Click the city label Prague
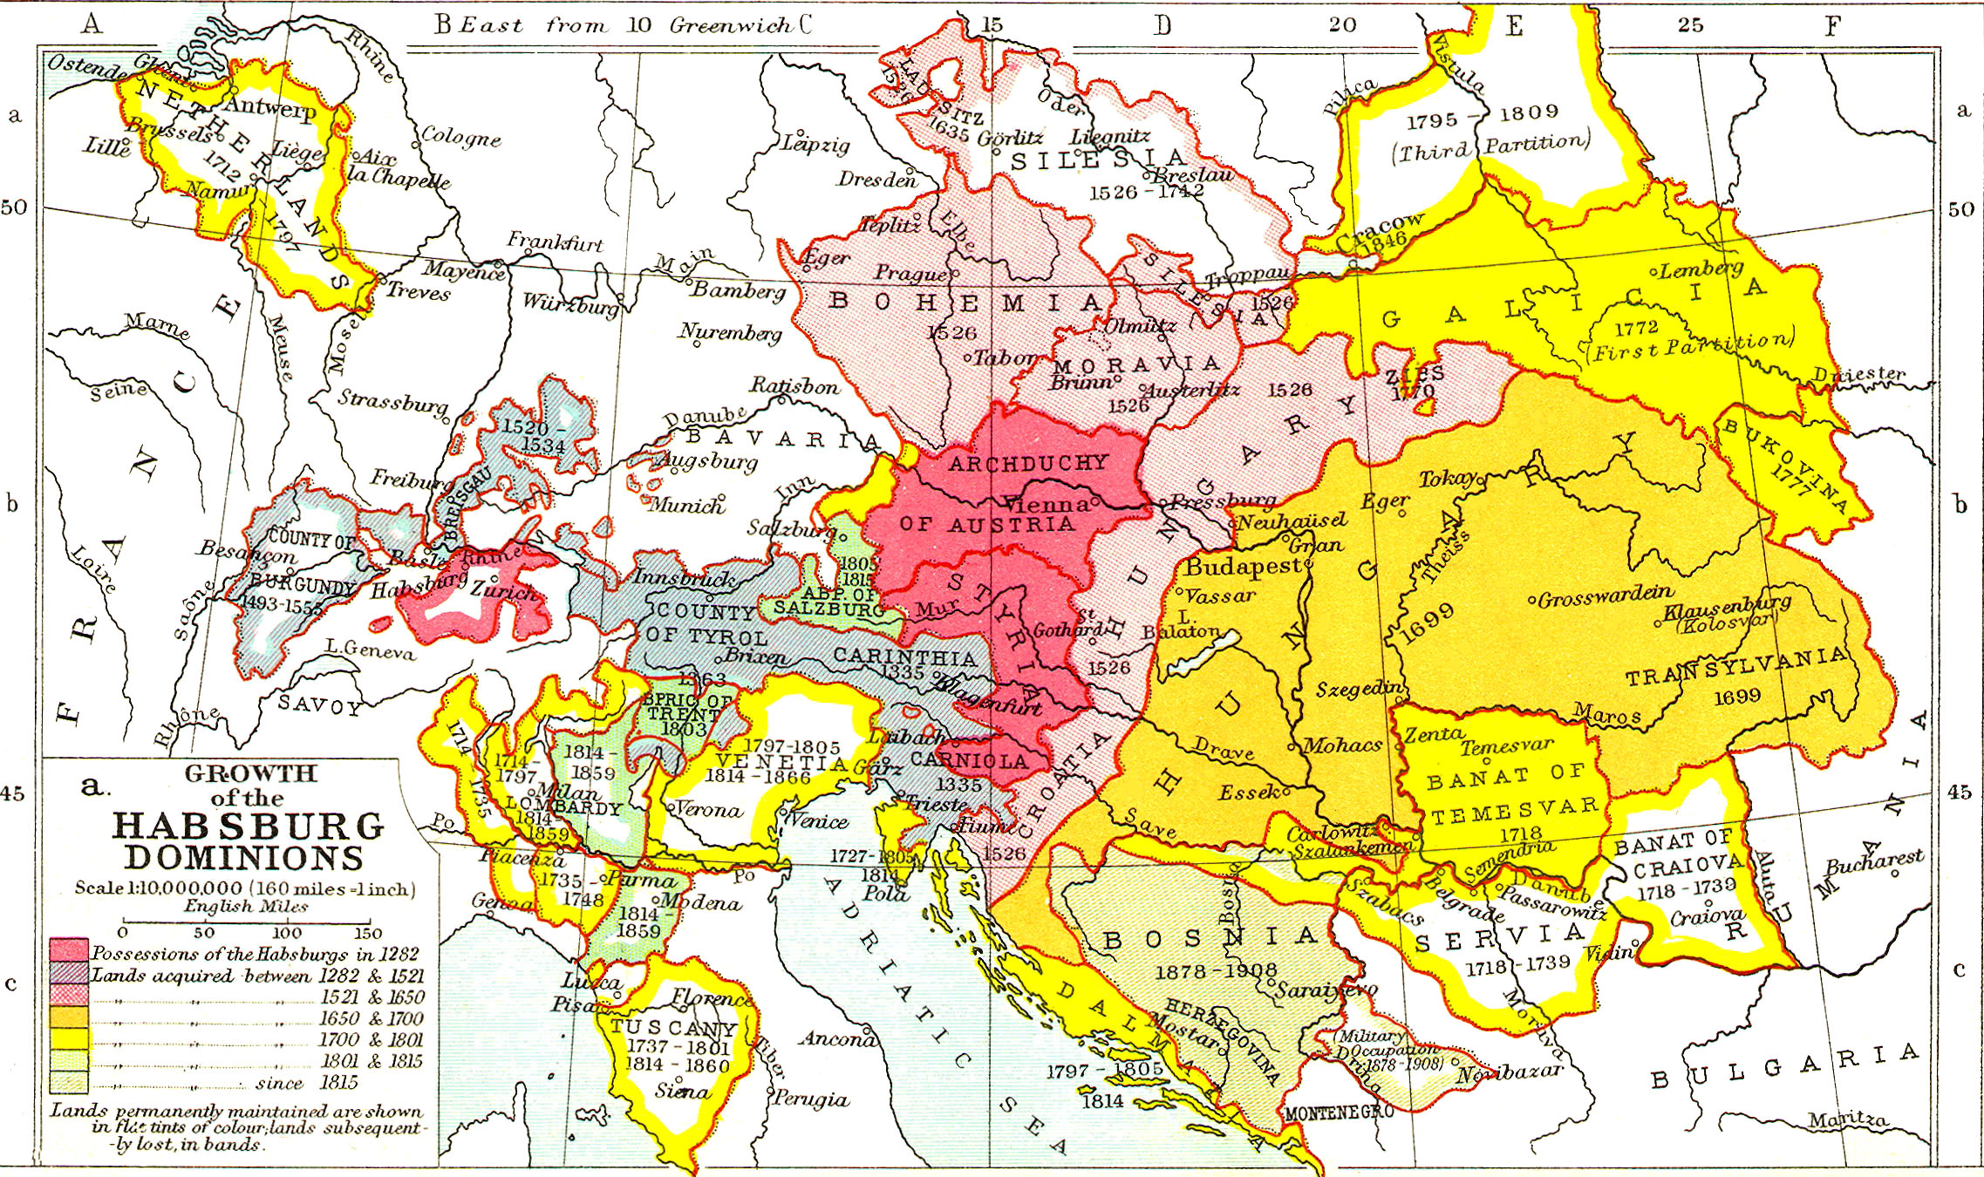(x=910, y=273)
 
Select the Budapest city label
(x=1243, y=566)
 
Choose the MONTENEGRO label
(x=1339, y=1113)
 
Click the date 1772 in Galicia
(x=1636, y=328)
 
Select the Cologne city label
(x=460, y=137)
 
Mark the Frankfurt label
(x=555, y=242)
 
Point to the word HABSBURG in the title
(x=249, y=827)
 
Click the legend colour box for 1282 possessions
(x=69, y=950)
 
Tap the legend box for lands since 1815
(x=69, y=1083)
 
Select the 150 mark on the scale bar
(x=368, y=932)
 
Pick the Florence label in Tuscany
(x=711, y=998)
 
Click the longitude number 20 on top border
(x=1342, y=24)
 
